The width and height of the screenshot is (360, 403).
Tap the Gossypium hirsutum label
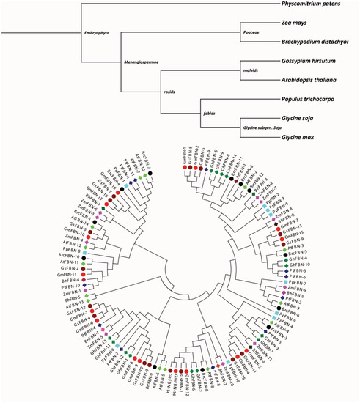(313, 62)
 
